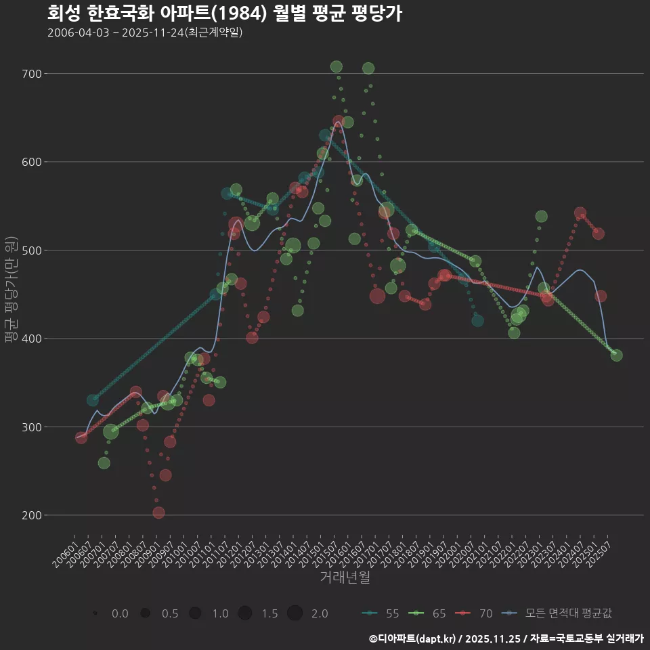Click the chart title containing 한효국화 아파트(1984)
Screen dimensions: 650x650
225,14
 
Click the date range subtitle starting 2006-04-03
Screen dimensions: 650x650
145,32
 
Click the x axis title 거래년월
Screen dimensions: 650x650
345,578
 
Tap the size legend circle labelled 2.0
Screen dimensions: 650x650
295,613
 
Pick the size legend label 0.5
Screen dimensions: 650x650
169,613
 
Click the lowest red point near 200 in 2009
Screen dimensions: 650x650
158,513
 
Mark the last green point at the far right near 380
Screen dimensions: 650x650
616,355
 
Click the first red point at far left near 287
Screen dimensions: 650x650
81,437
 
